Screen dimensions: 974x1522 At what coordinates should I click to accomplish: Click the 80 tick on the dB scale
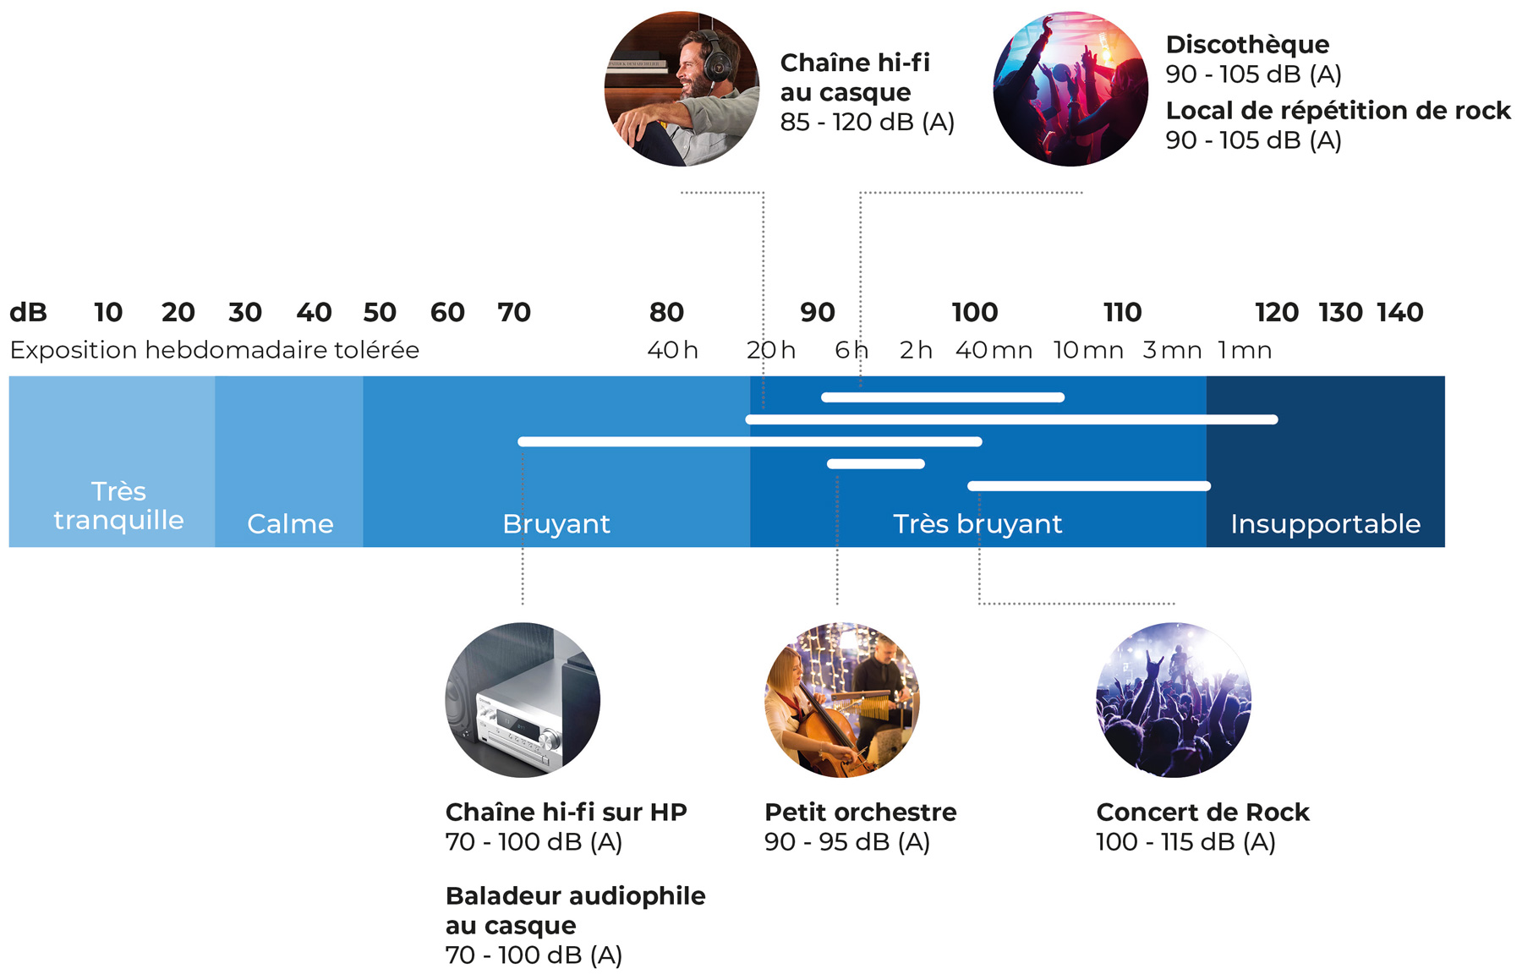coord(666,313)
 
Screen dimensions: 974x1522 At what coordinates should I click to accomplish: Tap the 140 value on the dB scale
coord(1399,313)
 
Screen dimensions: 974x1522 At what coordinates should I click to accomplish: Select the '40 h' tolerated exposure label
coord(672,350)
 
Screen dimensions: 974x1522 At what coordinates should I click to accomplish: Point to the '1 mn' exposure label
coord(1244,350)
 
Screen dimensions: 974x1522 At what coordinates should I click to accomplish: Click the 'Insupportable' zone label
coord(1325,524)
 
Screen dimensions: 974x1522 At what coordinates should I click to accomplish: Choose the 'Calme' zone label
coord(290,524)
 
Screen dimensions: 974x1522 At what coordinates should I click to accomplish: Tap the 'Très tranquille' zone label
coord(118,506)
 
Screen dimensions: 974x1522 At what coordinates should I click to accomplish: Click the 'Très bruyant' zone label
coord(977,524)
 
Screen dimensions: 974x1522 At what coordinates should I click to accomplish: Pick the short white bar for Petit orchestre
coord(875,463)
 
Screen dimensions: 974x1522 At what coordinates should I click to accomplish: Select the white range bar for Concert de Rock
coord(1089,485)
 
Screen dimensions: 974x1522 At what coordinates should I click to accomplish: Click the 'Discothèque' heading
coord(1247,45)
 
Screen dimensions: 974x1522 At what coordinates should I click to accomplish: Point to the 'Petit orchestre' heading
coord(860,813)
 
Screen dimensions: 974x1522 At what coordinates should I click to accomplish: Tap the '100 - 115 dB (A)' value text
coord(1185,842)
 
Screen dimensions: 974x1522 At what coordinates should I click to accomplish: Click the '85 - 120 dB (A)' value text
coord(867,123)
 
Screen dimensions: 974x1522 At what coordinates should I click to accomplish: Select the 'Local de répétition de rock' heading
coord(1338,111)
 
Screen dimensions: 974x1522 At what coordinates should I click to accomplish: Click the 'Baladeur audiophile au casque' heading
coord(575,911)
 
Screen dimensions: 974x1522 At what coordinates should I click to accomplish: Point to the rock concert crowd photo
coord(1173,700)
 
